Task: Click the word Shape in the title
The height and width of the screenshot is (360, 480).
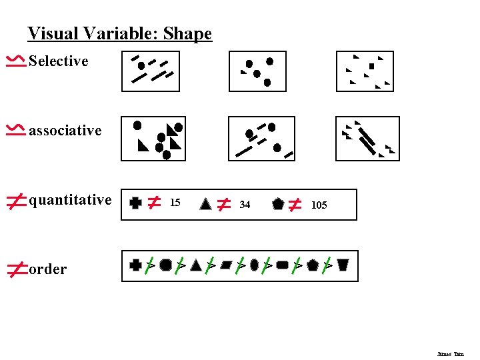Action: coord(187,33)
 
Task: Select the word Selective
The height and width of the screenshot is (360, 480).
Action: coord(59,61)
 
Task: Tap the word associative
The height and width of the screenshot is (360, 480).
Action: coord(65,131)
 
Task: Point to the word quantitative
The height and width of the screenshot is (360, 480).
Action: coord(70,200)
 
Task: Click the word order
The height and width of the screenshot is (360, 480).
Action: coord(48,269)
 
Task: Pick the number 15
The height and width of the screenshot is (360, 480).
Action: coord(175,203)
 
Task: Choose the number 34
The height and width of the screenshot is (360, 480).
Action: coord(245,205)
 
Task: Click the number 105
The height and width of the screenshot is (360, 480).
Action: coord(319,205)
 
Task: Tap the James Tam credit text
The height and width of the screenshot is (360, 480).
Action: coord(451,354)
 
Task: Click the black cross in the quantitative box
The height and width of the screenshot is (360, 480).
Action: coord(136,203)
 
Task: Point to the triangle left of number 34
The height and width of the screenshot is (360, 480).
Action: coord(206,204)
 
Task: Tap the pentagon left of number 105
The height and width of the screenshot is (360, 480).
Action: coord(278,204)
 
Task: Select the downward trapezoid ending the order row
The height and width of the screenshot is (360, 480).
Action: coord(343,265)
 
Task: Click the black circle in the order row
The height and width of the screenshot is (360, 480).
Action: coord(165,265)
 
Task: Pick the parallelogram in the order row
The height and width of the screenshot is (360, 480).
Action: coord(225,265)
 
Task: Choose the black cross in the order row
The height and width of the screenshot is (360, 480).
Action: coord(136,265)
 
